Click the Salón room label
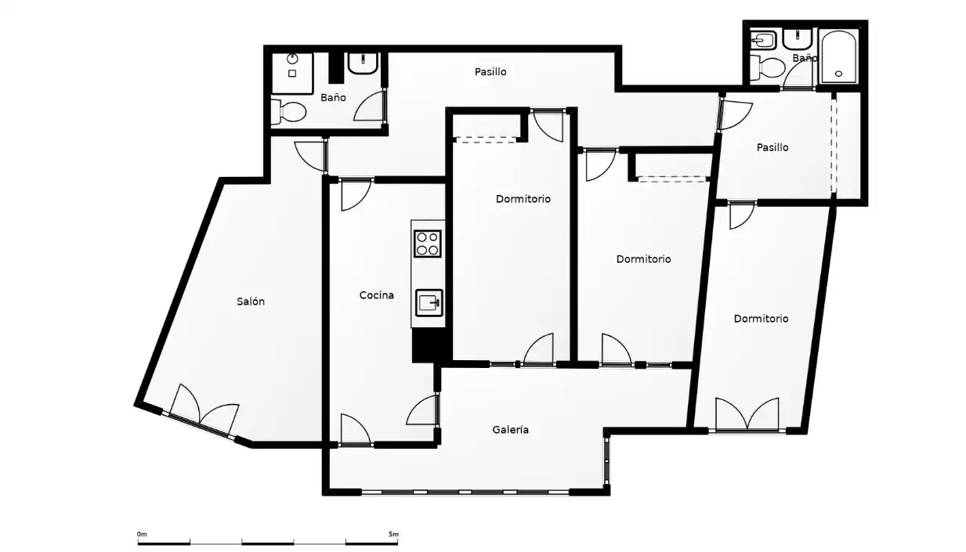point(251,301)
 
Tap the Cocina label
point(377,295)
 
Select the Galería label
point(511,430)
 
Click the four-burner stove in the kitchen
point(427,244)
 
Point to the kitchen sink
point(429,303)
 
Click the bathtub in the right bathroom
point(839,56)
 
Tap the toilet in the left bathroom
point(288,112)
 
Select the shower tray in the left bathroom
point(292,74)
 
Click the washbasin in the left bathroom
point(363,63)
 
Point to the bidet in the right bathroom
point(763,41)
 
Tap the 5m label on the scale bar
point(393,534)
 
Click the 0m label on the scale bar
point(142,534)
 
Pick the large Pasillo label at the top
point(490,72)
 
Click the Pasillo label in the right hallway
point(772,147)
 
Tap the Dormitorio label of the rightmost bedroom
point(761,319)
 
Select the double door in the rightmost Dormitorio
point(747,414)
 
